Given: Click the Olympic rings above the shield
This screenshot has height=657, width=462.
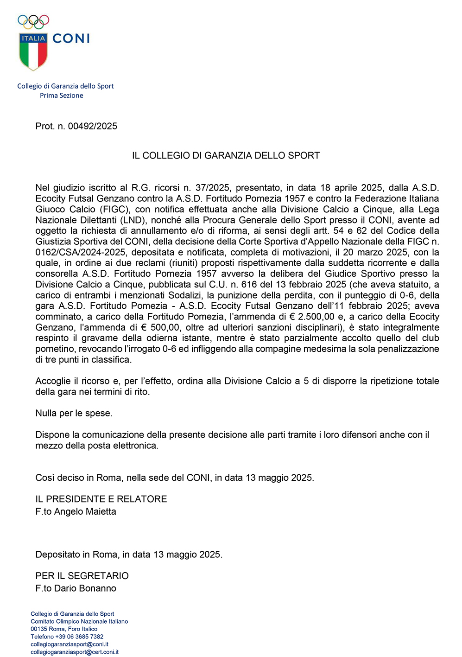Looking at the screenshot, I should tap(33, 21).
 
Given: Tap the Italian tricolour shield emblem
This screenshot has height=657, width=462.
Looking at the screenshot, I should tap(33, 51).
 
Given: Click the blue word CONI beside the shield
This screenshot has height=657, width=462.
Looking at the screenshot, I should tap(71, 38).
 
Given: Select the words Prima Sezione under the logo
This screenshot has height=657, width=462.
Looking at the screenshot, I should tap(62, 96).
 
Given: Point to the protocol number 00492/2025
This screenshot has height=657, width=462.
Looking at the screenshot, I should tap(92, 126).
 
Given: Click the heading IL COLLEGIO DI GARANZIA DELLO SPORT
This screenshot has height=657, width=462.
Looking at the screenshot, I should tap(226, 155).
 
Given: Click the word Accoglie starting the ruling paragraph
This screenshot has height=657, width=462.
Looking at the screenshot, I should tap(53, 381).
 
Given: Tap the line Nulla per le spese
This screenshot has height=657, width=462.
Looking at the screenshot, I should tap(74, 413).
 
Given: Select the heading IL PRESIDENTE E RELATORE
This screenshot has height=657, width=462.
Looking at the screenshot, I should tap(101, 499).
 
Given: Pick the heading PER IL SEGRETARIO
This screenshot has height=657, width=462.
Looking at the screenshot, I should tap(82, 576).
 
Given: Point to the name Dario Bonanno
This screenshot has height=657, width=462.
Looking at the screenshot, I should tap(85, 588).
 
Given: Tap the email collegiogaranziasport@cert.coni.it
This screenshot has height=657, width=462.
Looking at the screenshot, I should tap(75, 652).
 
